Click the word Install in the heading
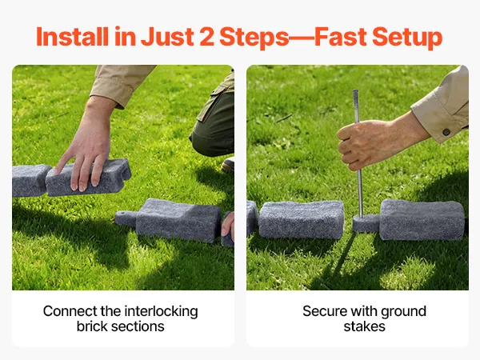click(72, 37)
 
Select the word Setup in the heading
click(407, 38)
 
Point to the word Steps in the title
click(254, 38)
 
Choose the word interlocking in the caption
click(162, 312)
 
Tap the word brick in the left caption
click(92, 326)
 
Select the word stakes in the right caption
click(364, 326)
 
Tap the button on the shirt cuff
click(446, 132)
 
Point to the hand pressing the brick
click(86, 153)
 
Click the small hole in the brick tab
click(123, 214)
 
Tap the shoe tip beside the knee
click(228, 165)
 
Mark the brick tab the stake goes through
click(366, 223)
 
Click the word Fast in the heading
click(341, 37)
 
